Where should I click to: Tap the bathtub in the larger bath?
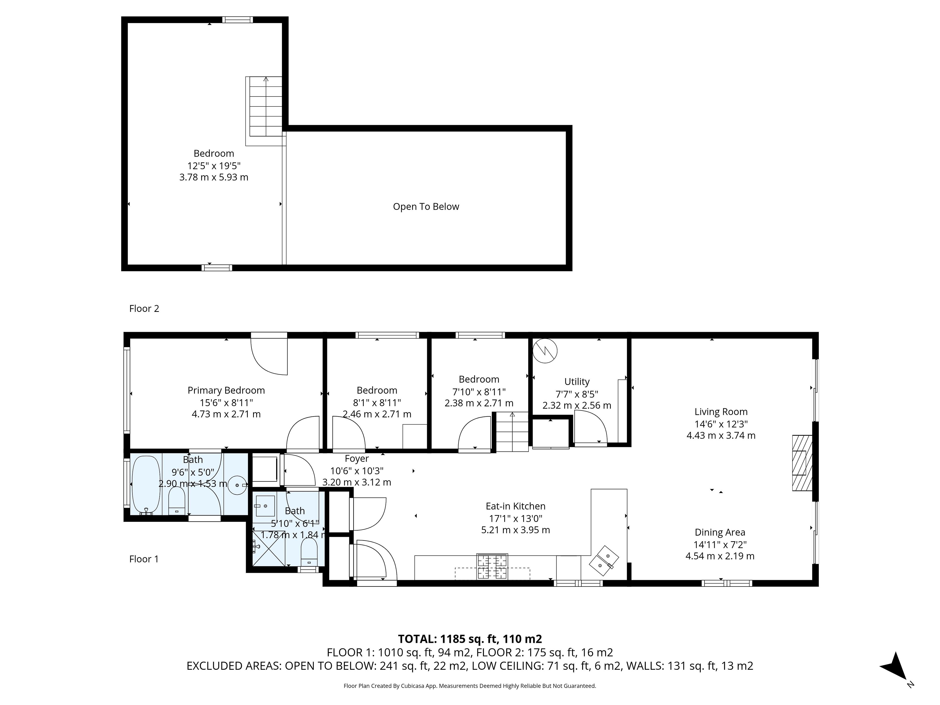coord(146,485)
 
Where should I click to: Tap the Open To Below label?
coord(426,207)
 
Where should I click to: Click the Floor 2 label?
coord(144,308)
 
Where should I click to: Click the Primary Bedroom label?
coord(226,390)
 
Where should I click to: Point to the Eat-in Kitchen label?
coord(516,506)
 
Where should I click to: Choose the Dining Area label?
coord(720,532)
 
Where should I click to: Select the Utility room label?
coord(577,382)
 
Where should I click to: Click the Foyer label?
coord(356,459)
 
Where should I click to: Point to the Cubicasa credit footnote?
coord(470,686)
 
